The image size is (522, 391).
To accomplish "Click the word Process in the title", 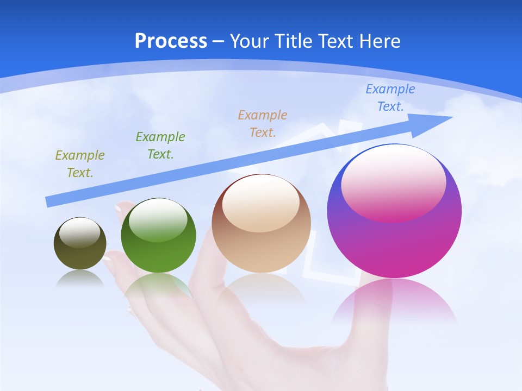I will tap(171, 41).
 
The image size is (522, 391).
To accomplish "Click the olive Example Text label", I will tap(80, 164).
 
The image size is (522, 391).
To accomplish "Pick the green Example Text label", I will tap(160, 146).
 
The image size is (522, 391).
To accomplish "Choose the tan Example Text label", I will tap(263, 123).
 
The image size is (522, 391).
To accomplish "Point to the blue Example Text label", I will tap(390, 98).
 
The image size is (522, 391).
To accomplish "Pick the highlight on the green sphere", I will tap(158, 219).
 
